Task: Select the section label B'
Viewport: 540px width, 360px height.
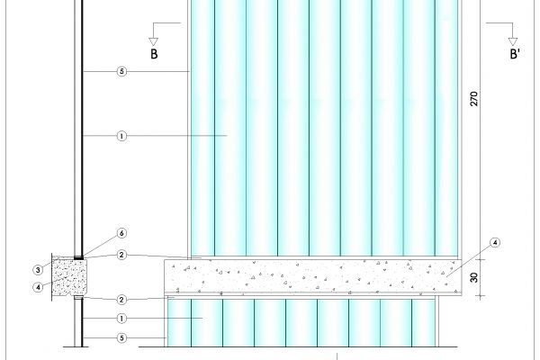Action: point(516,55)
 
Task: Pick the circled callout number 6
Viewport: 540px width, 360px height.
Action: point(122,234)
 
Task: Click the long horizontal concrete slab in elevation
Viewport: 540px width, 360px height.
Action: point(315,276)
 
